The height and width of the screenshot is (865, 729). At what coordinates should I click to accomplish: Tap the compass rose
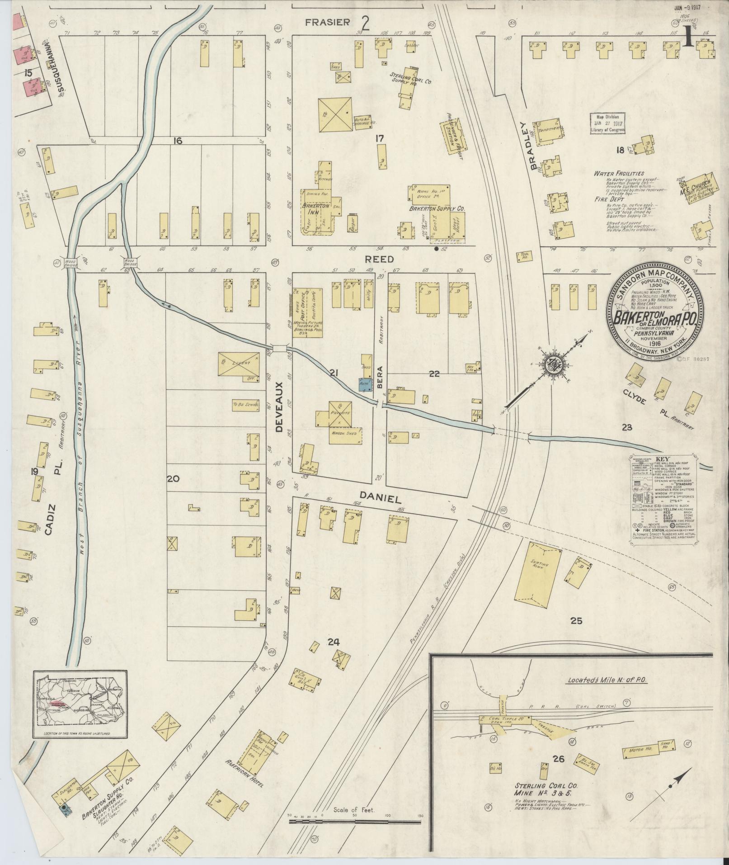(554, 363)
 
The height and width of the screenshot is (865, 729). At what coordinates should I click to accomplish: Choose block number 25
(576, 621)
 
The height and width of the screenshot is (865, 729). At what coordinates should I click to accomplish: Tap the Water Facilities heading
(619, 174)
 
